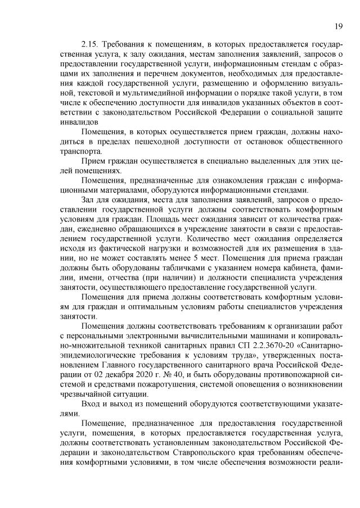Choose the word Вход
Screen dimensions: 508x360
(x=91, y=405)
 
